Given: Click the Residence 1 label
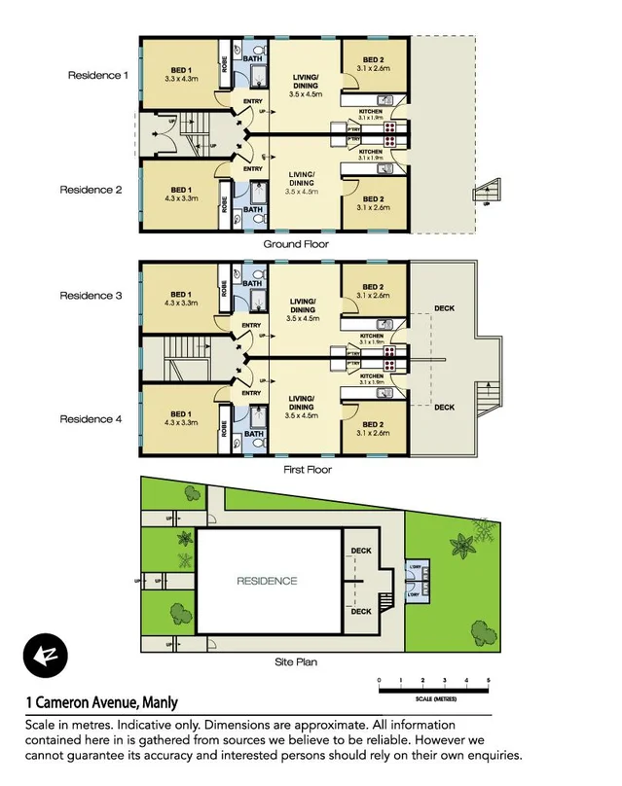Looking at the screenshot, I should pyautogui.click(x=97, y=75).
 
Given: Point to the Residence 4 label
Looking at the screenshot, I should pyautogui.click(x=91, y=419).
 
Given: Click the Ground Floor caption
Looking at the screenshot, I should pyautogui.click(x=296, y=244).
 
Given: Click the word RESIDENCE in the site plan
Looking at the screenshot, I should pyautogui.click(x=267, y=581).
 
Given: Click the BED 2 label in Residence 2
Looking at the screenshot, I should pyautogui.click(x=373, y=197).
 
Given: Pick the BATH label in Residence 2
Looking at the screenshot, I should pyautogui.click(x=252, y=209).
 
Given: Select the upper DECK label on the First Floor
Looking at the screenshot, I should pyautogui.click(x=444, y=308).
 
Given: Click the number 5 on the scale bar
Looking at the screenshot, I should pyautogui.click(x=488, y=679).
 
